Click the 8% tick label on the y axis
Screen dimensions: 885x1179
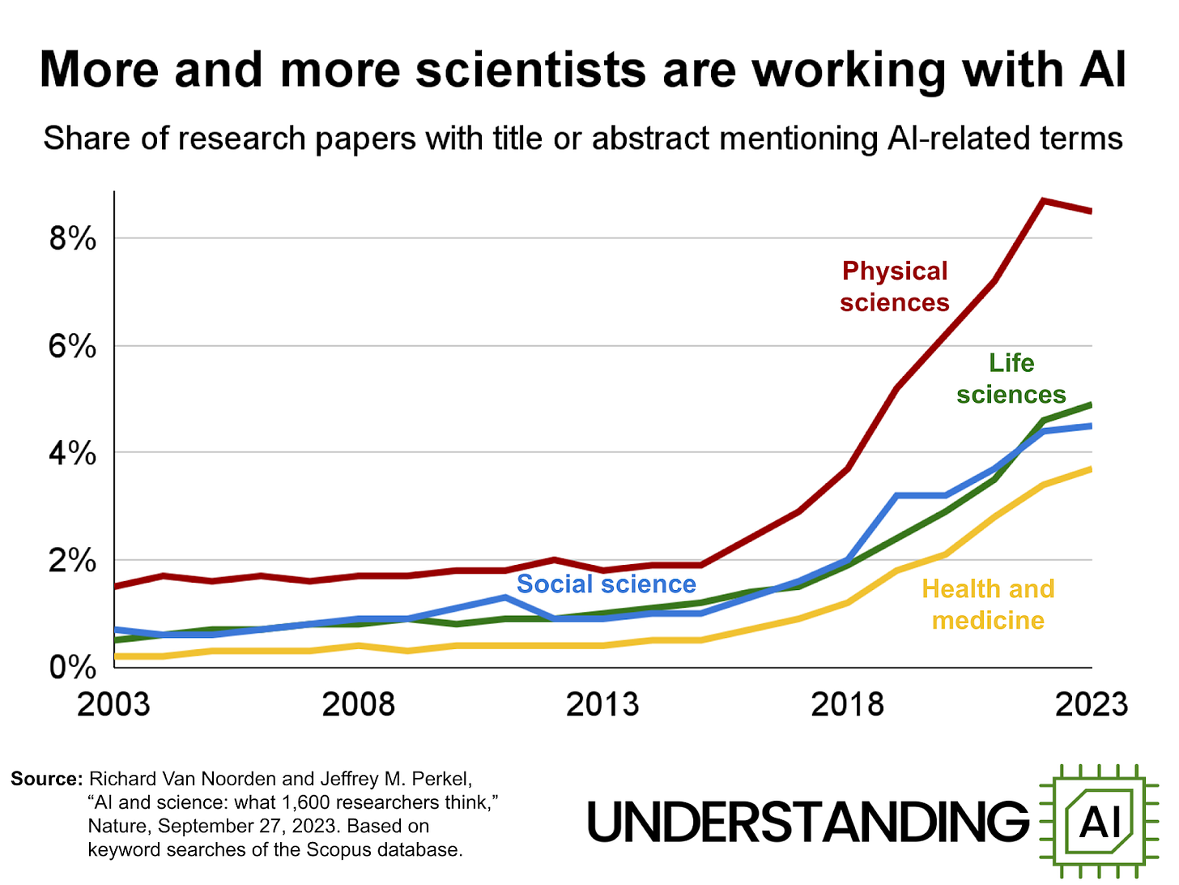point(73,239)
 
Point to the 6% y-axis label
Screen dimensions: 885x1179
point(73,347)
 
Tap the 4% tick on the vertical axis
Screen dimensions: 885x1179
point(73,454)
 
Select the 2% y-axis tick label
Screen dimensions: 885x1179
point(73,561)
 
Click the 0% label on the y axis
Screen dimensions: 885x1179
point(73,668)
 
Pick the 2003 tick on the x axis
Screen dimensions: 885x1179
point(113,704)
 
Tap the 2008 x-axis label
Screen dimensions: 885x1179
point(358,704)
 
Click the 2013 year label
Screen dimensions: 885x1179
point(602,704)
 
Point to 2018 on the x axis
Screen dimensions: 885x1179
point(847,704)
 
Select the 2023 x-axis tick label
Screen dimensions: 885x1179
point(1091,704)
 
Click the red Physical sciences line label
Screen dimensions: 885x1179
point(894,286)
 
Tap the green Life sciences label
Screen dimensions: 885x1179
point(1011,378)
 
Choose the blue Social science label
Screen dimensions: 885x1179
point(606,584)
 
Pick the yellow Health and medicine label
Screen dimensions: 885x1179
point(988,604)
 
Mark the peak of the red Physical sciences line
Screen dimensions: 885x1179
point(1043,200)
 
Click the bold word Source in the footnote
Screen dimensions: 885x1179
point(46,779)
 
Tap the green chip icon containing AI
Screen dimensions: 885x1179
point(1100,821)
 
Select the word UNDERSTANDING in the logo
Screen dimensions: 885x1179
point(807,821)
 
